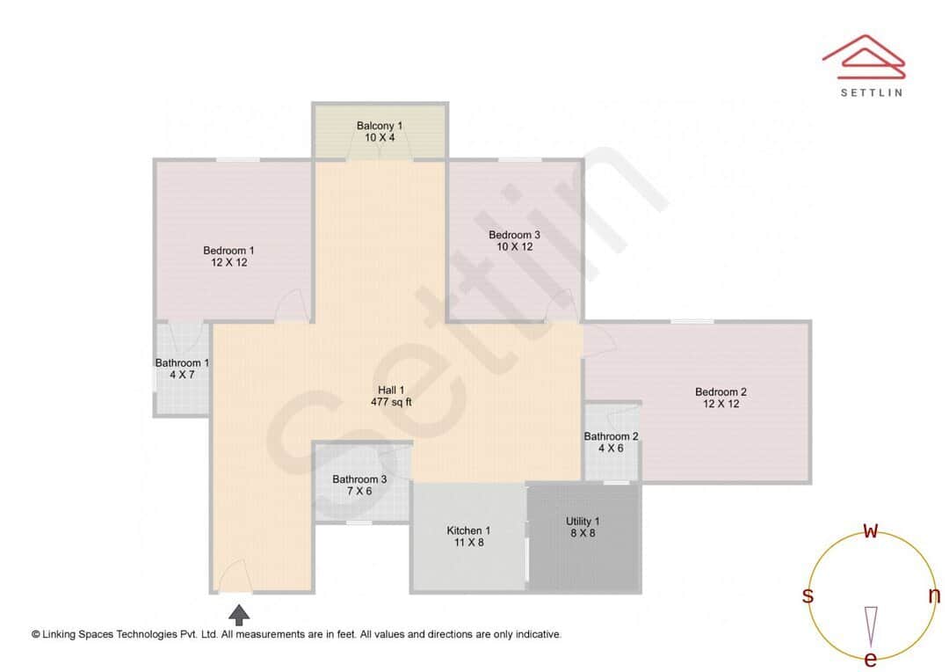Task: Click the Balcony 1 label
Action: click(380, 126)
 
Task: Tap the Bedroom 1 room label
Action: click(228, 251)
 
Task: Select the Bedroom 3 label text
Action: click(515, 235)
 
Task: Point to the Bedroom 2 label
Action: click(721, 392)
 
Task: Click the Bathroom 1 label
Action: click(182, 362)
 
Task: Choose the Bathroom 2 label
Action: click(612, 436)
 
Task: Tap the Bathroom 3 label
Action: click(359, 479)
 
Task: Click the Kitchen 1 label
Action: click(468, 530)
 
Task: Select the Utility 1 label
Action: click(583, 522)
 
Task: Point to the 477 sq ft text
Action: click(391, 402)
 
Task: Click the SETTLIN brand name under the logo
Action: click(870, 91)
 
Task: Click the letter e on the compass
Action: click(871, 659)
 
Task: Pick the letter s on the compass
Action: click(807, 595)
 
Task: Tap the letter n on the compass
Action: click(934, 595)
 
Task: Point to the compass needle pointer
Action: click(871, 626)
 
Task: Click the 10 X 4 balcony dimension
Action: click(380, 137)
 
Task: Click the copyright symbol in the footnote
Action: click(36, 634)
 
